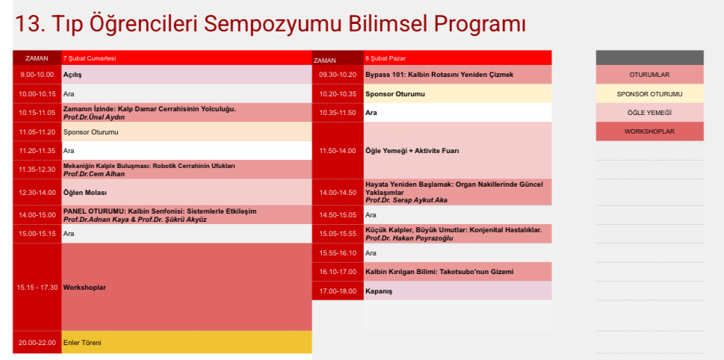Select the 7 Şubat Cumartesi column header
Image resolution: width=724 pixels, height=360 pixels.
(187, 58)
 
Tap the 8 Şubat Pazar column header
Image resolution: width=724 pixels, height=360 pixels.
(457, 58)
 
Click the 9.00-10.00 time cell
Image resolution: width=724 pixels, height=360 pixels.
(37, 74)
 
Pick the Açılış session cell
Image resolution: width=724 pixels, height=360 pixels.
(187, 74)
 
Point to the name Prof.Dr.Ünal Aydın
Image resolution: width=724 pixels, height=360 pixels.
(94, 117)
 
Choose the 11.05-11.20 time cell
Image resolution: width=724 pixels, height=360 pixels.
(37, 132)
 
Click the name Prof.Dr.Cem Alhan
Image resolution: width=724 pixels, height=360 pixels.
(94, 174)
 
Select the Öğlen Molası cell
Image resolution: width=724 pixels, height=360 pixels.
(187, 193)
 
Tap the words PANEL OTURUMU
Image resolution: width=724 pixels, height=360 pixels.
(94, 211)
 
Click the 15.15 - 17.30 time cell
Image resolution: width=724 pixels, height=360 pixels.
(37, 287)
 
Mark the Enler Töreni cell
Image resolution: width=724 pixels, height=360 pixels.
(187, 343)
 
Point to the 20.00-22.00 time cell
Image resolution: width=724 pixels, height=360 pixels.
(37, 343)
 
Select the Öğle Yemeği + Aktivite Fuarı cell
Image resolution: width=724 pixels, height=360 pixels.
(457, 150)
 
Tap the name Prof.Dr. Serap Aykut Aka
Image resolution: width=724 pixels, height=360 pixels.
(406, 200)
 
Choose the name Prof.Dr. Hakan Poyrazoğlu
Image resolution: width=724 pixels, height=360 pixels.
(409, 238)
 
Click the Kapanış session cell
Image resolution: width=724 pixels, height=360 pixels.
(457, 291)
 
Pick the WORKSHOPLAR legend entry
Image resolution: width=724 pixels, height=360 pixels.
(650, 131)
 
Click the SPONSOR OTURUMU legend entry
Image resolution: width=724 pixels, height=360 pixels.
(650, 94)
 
